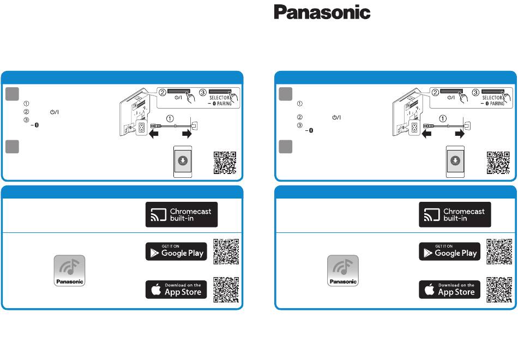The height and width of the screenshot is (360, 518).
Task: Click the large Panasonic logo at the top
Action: coord(322,12)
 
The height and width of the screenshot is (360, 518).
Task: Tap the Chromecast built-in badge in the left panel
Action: coord(182,214)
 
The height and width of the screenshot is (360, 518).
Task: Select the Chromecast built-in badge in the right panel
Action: coord(455,214)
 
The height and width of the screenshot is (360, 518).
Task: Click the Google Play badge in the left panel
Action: coord(176,251)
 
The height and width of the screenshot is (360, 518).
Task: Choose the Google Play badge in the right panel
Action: coord(450,251)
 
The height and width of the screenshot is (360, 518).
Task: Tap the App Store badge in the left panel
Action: coord(176,290)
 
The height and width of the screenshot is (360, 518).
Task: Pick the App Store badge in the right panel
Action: coord(450,290)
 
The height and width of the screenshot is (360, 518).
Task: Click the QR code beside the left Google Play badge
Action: coord(226,251)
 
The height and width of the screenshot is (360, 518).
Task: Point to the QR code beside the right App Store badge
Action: coord(499,290)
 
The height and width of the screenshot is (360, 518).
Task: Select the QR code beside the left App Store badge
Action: coord(226,290)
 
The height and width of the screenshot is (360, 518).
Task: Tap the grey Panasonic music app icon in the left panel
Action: coord(69,271)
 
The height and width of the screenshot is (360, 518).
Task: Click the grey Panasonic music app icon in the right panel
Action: coord(343,271)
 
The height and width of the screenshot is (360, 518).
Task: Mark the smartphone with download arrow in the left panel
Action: coord(183,161)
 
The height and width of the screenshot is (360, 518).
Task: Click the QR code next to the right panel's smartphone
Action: coord(498,163)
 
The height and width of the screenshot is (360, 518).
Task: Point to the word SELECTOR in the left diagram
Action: coord(219,98)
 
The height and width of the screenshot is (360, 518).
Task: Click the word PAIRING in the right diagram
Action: coord(497,104)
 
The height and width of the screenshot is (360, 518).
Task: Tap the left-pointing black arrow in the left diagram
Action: coord(154,134)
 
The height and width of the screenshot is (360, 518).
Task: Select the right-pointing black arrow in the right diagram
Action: coord(460,134)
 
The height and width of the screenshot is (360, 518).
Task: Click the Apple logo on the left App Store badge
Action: coord(156,289)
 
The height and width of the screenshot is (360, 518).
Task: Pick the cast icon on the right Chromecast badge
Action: coord(432,214)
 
